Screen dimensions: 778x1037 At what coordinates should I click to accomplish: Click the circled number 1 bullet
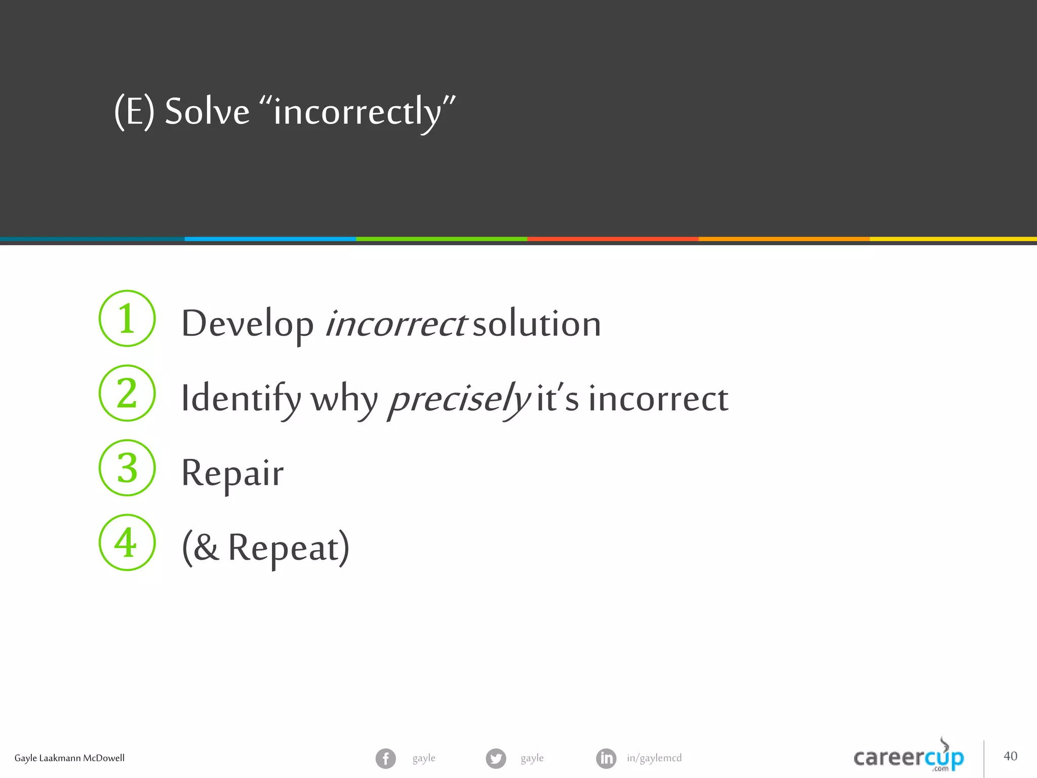pyautogui.click(x=127, y=319)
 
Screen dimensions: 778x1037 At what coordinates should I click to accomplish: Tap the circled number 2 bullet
pyautogui.click(x=127, y=393)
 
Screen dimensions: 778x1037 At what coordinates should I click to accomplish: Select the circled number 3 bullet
pyautogui.click(x=127, y=468)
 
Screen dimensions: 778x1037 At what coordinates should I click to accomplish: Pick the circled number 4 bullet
pyautogui.click(x=127, y=542)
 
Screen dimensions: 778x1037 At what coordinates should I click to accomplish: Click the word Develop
pyautogui.click(x=247, y=324)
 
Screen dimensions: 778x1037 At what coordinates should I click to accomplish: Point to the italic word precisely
pyautogui.click(x=459, y=399)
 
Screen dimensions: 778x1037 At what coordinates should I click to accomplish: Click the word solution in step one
pyautogui.click(x=537, y=324)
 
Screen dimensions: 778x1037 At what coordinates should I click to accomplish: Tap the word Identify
pyautogui.click(x=241, y=399)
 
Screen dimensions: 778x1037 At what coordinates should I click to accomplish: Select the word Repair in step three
pyautogui.click(x=232, y=474)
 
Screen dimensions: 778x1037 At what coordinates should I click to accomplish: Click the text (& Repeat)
pyautogui.click(x=266, y=548)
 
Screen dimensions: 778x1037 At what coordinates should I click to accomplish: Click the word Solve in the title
pyautogui.click(x=207, y=111)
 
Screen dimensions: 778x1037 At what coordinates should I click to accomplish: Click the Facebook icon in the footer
pyautogui.click(x=386, y=758)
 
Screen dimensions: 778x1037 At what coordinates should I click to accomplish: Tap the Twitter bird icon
pyautogui.click(x=496, y=758)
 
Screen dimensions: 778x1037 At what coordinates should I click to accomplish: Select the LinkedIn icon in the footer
pyautogui.click(x=606, y=758)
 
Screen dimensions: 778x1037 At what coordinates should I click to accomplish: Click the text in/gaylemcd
pyautogui.click(x=654, y=758)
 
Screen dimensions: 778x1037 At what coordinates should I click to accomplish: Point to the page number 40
pyautogui.click(x=1010, y=756)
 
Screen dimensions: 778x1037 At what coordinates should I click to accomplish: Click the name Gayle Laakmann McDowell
pyautogui.click(x=69, y=758)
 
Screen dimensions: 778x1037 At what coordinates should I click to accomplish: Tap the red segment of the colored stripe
pyautogui.click(x=613, y=239)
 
